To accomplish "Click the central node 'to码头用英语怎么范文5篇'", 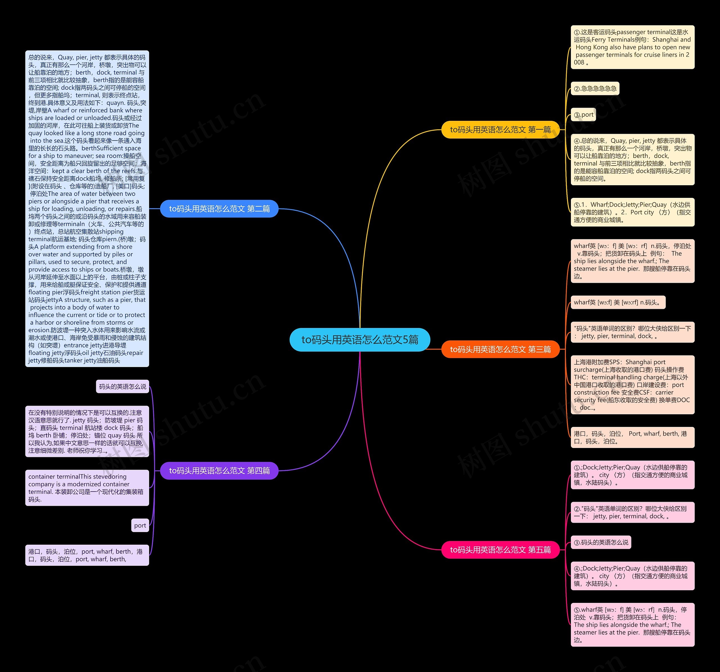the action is tap(360, 340).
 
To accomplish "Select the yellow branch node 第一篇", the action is tap(500, 130).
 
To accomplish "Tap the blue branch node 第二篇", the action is tap(219, 209).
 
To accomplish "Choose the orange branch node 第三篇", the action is tap(500, 349).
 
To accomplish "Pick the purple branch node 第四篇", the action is tap(219, 470).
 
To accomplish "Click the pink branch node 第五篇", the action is tap(500, 550).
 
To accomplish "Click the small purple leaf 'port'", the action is tap(140, 526).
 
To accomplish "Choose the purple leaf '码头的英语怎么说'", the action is tap(122, 386).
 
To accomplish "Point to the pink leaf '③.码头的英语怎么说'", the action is tap(601, 542).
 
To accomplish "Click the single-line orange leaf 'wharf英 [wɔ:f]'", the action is tap(618, 302).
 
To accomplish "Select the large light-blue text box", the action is tap(87, 209).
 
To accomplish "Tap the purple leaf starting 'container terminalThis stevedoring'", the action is tap(87, 488).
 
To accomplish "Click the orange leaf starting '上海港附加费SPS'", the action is tap(632, 385).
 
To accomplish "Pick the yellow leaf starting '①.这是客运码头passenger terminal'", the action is tap(632, 47).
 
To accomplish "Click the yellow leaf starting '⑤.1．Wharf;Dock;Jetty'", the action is tap(632, 212).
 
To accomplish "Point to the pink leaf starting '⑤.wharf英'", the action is tap(632, 625).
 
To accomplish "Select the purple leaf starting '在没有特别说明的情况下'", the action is tap(87, 431).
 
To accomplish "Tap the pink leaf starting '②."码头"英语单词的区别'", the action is tap(632, 512).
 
